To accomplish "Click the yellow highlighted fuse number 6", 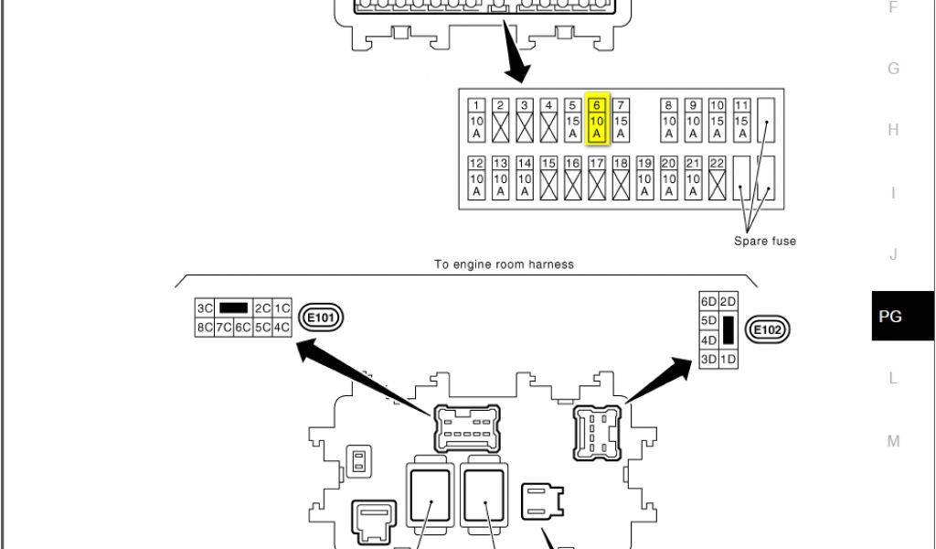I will coord(597,120).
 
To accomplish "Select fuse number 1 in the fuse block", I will coord(476,120).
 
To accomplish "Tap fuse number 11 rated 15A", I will coord(741,120).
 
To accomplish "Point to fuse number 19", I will coord(644,178).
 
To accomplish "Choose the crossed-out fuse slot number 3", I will coord(525,120).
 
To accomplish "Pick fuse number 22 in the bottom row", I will coord(717,178).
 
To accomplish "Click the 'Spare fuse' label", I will coord(765,242).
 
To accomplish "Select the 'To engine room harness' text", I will coord(504,264).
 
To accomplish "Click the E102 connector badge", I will coord(768,329).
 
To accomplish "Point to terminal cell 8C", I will coord(204,327).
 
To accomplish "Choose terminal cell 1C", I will coord(282,308).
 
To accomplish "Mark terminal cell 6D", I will coord(708,302).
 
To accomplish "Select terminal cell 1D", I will coord(729,360).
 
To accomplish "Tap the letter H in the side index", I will coord(893,130).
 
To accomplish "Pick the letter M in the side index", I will coord(893,441).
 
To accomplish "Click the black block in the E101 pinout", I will coord(234,308).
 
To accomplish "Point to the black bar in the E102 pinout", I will coord(729,330).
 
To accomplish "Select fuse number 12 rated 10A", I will coord(476,178).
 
